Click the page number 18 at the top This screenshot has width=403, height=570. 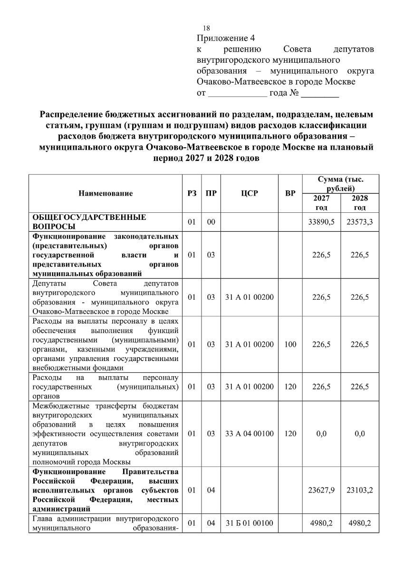206,28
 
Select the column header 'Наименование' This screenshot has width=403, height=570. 106,193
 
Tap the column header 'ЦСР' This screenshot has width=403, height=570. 249,193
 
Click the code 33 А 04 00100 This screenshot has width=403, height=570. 249,434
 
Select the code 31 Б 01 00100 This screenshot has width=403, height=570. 249,523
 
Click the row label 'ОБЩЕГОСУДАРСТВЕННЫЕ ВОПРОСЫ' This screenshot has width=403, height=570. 88,222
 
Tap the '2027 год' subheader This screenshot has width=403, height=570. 321,203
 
